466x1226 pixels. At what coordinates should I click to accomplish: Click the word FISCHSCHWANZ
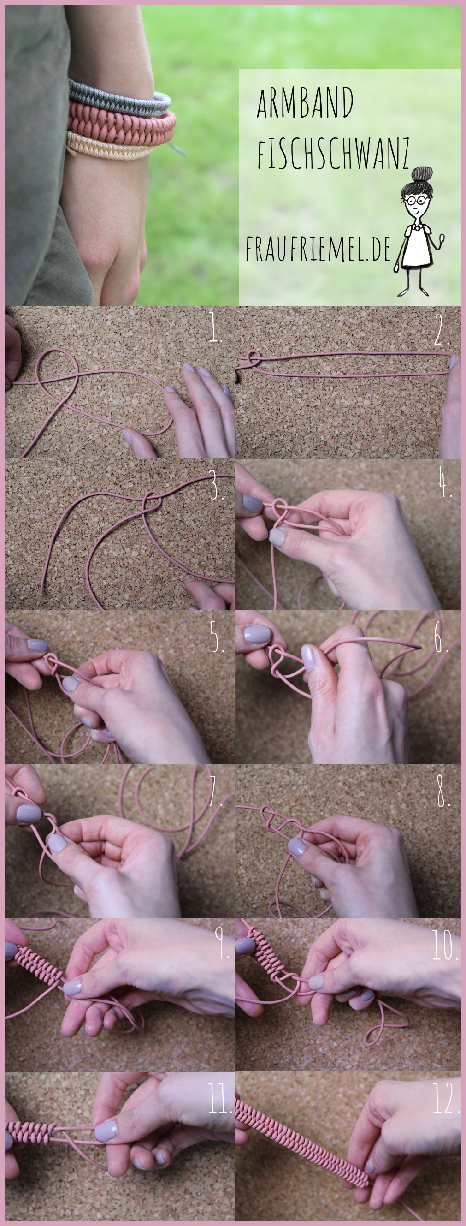333,154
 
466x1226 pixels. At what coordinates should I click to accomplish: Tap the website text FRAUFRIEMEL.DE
318,249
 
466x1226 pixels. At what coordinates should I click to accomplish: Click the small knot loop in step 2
254,358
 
